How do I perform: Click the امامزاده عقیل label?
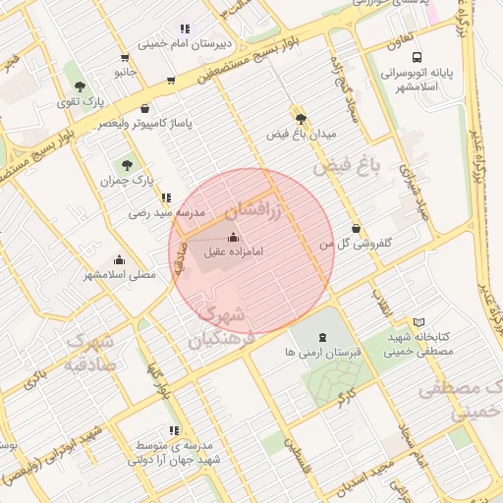tap(233, 251)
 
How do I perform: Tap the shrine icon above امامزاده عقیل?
tap(233, 236)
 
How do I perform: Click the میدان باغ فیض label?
tap(305, 133)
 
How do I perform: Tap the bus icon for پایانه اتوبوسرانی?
tap(418, 58)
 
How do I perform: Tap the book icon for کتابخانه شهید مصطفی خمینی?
tap(419, 322)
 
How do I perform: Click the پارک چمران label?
tap(127, 181)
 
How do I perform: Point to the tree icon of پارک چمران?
tap(126, 164)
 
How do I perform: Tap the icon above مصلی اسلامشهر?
tap(119, 259)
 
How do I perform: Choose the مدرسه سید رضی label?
tap(166, 212)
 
